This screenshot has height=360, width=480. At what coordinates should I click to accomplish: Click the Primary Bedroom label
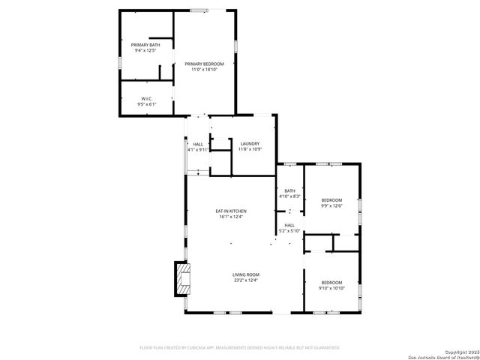coord(204,64)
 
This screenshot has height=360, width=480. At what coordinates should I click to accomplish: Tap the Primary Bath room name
coord(145,45)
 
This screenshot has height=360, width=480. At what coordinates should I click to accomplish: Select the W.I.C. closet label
coord(147,99)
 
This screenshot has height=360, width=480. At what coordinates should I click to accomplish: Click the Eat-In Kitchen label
coord(232,211)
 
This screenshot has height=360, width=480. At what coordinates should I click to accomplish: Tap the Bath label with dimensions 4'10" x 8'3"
coord(289,190)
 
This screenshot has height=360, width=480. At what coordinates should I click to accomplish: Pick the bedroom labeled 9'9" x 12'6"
coord(331,199)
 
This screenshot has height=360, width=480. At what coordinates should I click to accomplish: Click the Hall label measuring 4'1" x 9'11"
coord(198,144)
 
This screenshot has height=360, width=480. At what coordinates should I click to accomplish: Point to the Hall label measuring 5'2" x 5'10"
coord(289,225)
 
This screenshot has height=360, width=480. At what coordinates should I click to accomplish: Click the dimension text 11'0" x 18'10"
coord(204,70)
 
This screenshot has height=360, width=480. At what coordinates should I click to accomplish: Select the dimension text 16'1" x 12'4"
coord(232,217)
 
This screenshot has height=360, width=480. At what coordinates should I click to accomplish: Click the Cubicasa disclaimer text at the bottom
coord(240,347)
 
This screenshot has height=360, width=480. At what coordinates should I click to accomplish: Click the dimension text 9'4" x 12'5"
coord(145,51)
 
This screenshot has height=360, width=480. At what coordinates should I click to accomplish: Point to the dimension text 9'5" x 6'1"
coord(147,104)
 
